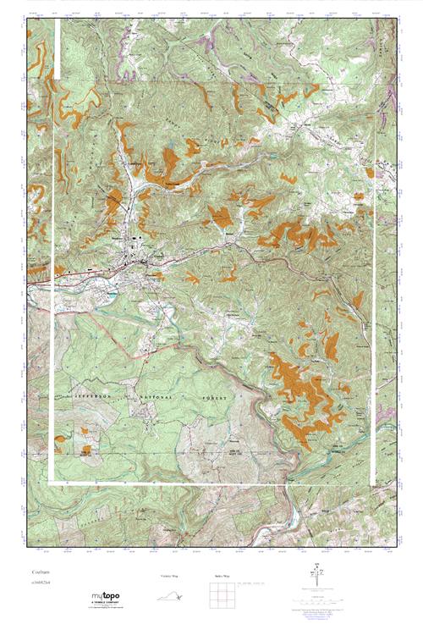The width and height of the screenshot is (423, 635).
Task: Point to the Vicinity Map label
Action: click(x=170, y=576)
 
